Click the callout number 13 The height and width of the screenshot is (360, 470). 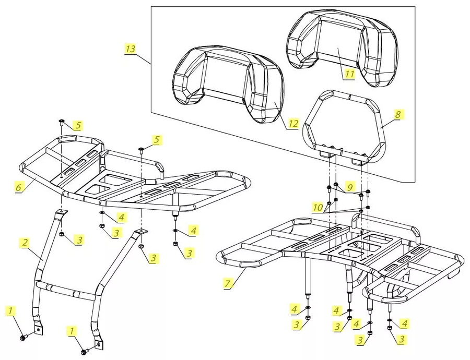(x=131, y=49)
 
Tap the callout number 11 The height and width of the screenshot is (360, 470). (x=349, y=74)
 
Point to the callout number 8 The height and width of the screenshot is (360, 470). (x=398, y=113)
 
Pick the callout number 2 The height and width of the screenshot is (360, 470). (x=25, y=242)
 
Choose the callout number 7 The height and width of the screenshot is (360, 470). (x=227, y=283)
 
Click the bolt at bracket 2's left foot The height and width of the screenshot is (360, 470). (x=22, y=338)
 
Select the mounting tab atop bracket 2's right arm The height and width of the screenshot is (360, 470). (x=140, y=231)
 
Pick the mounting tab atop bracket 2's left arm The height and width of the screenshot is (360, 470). (x=62, y=211)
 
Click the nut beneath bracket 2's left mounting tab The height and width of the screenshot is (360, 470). (x=62, y=235)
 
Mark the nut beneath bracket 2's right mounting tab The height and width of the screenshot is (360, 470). (x=140, y=246)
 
